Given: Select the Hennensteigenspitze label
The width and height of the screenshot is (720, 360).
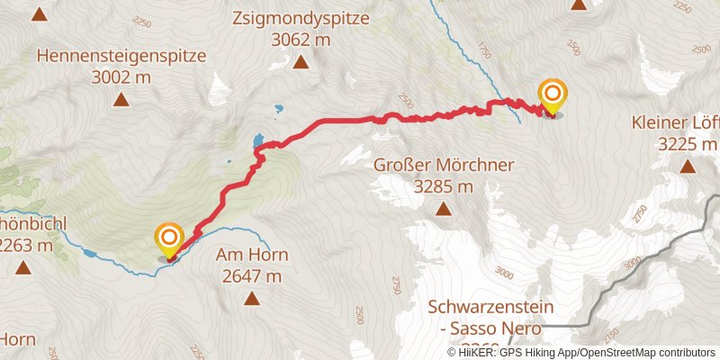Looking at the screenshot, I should click(x=121, y=56).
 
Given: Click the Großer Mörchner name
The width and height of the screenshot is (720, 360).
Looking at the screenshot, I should click(x=443, y=166).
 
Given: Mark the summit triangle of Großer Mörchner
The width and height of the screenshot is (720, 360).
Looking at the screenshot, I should click(x=443, y=209).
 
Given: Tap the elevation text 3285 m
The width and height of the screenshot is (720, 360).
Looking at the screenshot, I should click(x=443, y=187).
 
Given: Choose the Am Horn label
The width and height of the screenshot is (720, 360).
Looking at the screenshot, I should click(x=250, y=255).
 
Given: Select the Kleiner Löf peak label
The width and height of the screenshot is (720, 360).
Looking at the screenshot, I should click(x=675, y=122).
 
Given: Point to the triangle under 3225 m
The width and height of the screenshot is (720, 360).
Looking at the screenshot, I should click(x=688, y=166).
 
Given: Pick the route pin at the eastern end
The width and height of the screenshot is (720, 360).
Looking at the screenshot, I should click(x=553, y=95).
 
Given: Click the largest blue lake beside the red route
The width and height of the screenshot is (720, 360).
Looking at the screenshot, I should click(x=259, y=140).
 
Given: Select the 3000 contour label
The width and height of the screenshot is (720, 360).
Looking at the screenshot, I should click(x=502, y=273).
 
